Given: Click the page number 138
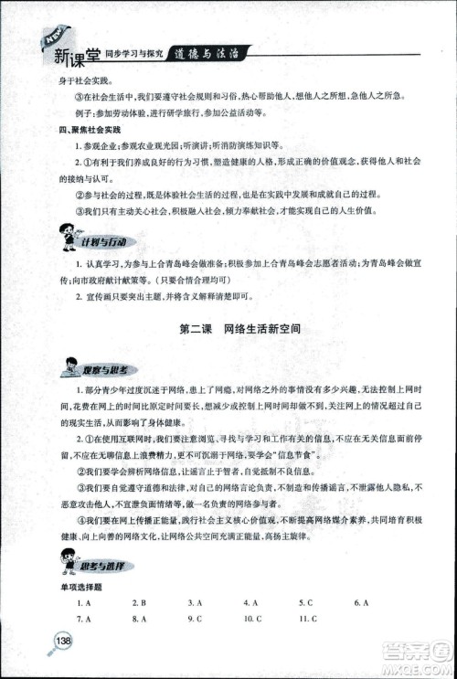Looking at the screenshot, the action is click(x=63, y=640).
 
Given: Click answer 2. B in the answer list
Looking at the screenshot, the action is click(x=139, y=603).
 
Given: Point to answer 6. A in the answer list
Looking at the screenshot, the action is click(x=360, y=603).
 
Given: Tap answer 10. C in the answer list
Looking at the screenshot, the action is click(x=253, y=620).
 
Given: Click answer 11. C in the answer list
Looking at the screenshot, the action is click(x=307, y=620).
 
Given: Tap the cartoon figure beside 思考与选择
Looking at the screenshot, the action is click(x=67, y=562).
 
